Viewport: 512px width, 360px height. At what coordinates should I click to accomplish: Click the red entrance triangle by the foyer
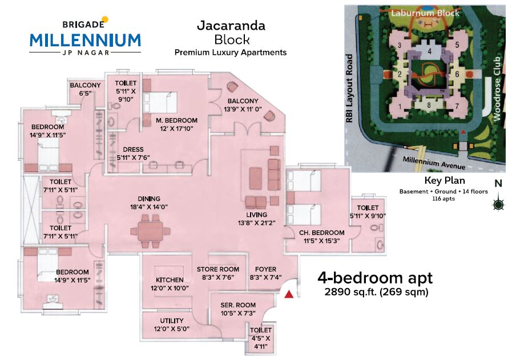(289, 294)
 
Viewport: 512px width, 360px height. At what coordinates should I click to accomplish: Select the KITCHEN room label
(170, 280)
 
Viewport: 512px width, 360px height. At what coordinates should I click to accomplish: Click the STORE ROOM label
(217, 269)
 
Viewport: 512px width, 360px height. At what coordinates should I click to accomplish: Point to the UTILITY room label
(171, 321)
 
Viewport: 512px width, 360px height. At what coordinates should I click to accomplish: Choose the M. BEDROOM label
(176, 120)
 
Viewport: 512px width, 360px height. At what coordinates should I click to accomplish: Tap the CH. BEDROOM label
(322, 233)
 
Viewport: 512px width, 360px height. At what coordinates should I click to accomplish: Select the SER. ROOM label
(239, 305)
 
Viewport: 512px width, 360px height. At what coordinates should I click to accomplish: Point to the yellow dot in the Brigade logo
(104, 21)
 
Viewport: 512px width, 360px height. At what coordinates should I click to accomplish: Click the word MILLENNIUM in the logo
(85, 40)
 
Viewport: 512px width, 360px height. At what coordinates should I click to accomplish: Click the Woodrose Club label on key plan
(497, 88)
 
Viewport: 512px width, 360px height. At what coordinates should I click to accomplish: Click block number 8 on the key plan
(429, 105)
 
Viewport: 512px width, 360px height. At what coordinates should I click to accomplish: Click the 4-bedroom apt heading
(374, 278)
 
